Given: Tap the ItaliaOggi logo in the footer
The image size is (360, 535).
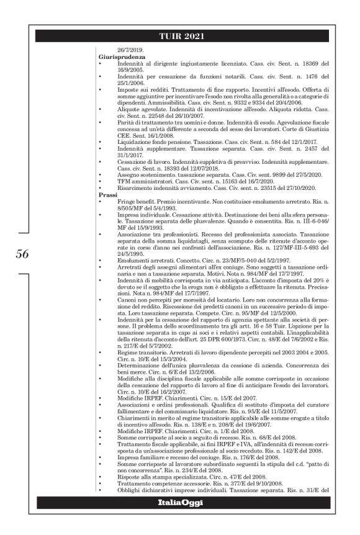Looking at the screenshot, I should click(179, 519).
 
